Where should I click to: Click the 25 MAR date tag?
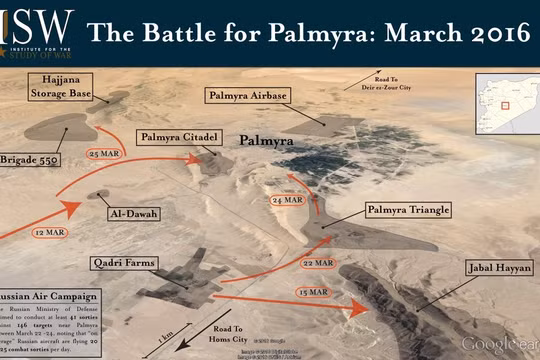click(x=105, y=155)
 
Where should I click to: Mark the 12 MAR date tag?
click(x=50, y=233)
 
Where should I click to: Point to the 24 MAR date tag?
click(x=288, y=200)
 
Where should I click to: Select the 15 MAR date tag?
click(x=311, y=291)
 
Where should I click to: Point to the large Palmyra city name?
click(x=268, y=142)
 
